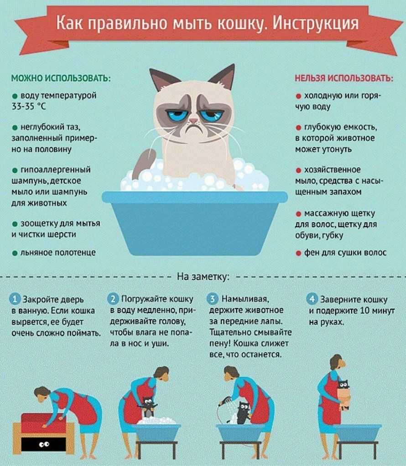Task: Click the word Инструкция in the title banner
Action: coord(316,24)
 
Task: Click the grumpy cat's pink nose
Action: coord(193,121)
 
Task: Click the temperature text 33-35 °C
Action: coord(29,106)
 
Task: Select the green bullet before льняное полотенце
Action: coord(15,253)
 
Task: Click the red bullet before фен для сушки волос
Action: coord(299,253)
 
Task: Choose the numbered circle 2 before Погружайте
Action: coord(113,298)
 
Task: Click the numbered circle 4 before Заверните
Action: coord(312,299)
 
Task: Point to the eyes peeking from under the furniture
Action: coord(44,445)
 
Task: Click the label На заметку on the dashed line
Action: coord(203,277)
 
